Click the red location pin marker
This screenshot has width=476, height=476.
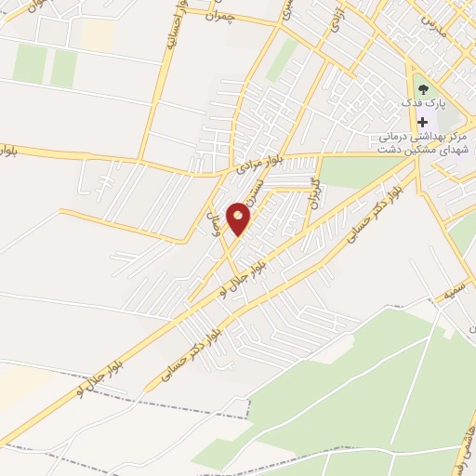pyautogui.click(x=239, y=219)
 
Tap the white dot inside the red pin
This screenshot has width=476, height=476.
pyautogui.click(x=239, y=216)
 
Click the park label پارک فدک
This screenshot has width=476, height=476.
pyautogui.click(x=430, y=102)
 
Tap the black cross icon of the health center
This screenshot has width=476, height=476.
pyautogui.click(x=423, y=121)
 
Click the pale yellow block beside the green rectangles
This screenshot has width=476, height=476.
pyautogui.click(x=97, y=34)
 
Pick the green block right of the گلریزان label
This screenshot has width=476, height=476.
pyautogui.click(x=353, y=171)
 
